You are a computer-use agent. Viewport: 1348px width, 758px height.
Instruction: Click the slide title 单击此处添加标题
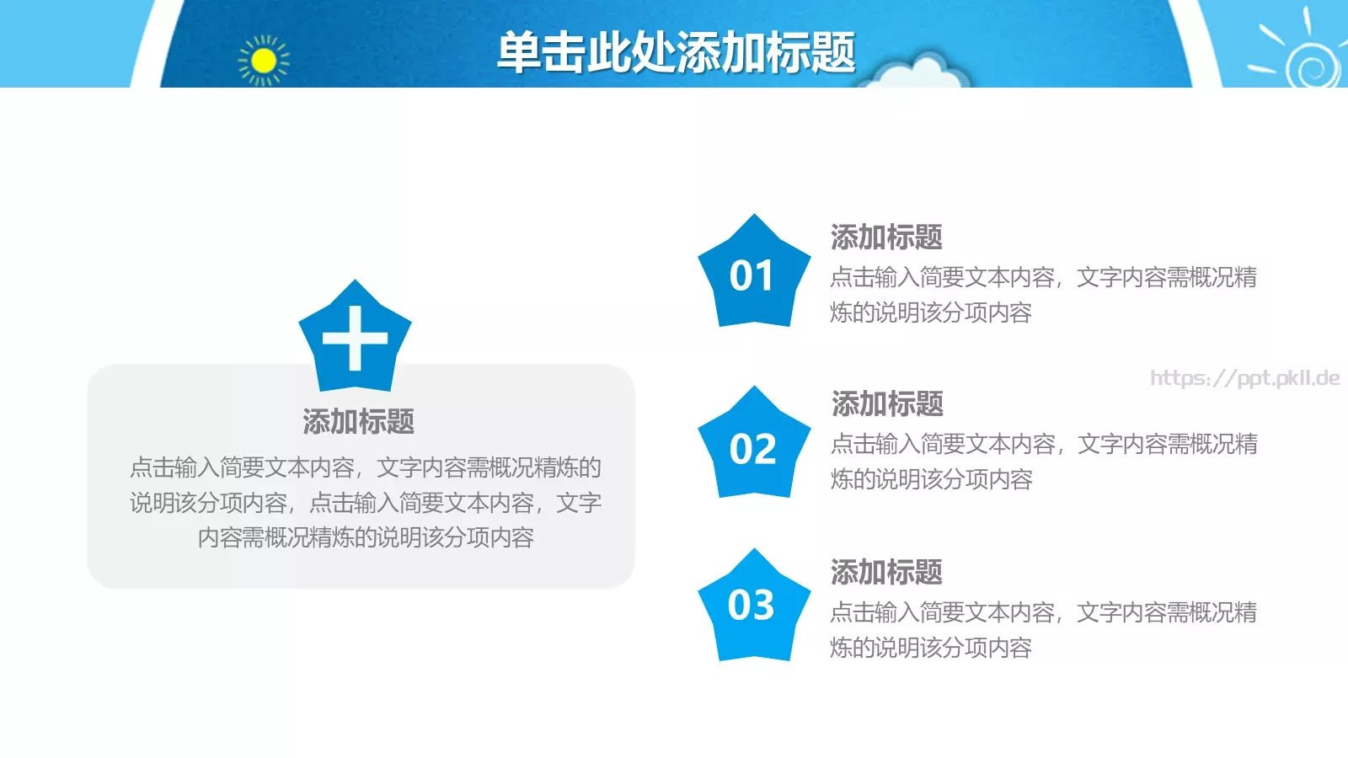pos(676,52)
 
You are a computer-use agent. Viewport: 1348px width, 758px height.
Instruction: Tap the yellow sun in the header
pos(264,61)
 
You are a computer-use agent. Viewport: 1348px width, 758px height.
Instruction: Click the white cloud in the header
pos(917,74)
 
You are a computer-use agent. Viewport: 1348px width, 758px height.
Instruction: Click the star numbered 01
pos(752,276)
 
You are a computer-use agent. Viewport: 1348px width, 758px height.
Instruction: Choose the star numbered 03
pos(752,606)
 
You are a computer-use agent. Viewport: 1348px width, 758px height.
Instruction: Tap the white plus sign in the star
pos(355,339)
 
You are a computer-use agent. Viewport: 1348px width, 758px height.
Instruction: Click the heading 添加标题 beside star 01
pos(886,238)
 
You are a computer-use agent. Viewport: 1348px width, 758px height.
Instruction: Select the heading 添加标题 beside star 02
pos(887,404)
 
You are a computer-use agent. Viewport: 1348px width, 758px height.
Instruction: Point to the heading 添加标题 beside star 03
pos(886,573)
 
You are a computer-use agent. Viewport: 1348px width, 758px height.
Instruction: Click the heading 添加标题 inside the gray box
pos(359,421)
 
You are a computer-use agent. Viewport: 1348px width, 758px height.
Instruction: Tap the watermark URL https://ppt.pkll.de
pos(1244,378)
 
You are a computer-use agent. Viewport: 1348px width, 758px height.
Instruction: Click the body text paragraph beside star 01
pos(1043,295)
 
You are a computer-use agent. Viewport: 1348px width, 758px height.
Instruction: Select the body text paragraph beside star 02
pos(1044,462)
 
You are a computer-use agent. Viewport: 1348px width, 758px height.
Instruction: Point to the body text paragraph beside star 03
pos(1043,630)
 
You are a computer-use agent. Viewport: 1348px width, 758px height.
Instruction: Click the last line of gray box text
pos(366,537)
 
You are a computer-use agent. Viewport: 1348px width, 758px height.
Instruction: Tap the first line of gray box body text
pos(366,467)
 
